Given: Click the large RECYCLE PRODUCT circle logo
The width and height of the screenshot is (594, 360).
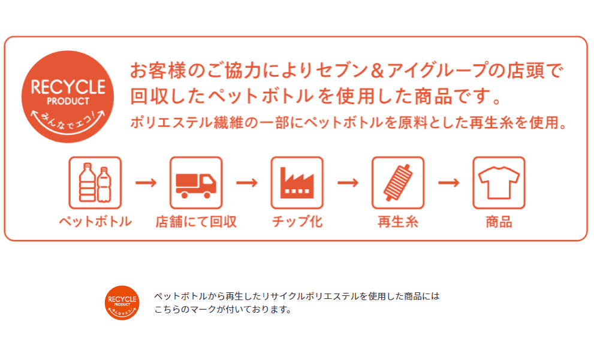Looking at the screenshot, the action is click(x=67, y=97).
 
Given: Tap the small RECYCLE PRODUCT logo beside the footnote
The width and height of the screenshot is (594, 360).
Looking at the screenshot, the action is click(x=122, y=303).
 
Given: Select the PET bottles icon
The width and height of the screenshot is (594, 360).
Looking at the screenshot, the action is click(x=95, y=183).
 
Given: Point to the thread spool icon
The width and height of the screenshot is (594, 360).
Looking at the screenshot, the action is click(x=398, y=183).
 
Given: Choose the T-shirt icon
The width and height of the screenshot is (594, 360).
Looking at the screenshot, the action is click(x=499, y=183).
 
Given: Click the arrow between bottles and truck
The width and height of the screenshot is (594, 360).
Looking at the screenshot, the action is click(x=146, y=183).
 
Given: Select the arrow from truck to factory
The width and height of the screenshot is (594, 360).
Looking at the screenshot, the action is click(x=246, y=183).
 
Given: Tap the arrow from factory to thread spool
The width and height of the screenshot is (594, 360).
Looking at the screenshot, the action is click(x=348, y=183).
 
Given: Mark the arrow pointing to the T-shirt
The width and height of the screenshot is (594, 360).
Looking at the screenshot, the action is click(x=448, y=183).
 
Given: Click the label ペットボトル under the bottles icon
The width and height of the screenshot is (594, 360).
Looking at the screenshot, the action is click(x=95, y=222).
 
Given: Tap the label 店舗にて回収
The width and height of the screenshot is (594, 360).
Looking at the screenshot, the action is click(x=196, y=222).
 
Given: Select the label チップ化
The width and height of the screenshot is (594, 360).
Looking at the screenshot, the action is click(x=297, y=222).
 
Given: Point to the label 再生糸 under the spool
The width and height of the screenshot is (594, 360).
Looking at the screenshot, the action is click(x=398, y=222).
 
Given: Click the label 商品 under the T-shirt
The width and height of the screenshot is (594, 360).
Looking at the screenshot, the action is click(x=499, y=222).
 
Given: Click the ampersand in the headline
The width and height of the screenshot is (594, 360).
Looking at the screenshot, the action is click(x=377, y=71).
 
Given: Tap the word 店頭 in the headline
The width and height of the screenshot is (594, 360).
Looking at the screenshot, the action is click(x=526, y=71).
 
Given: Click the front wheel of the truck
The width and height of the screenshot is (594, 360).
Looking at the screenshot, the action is click(x=207, y=195).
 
